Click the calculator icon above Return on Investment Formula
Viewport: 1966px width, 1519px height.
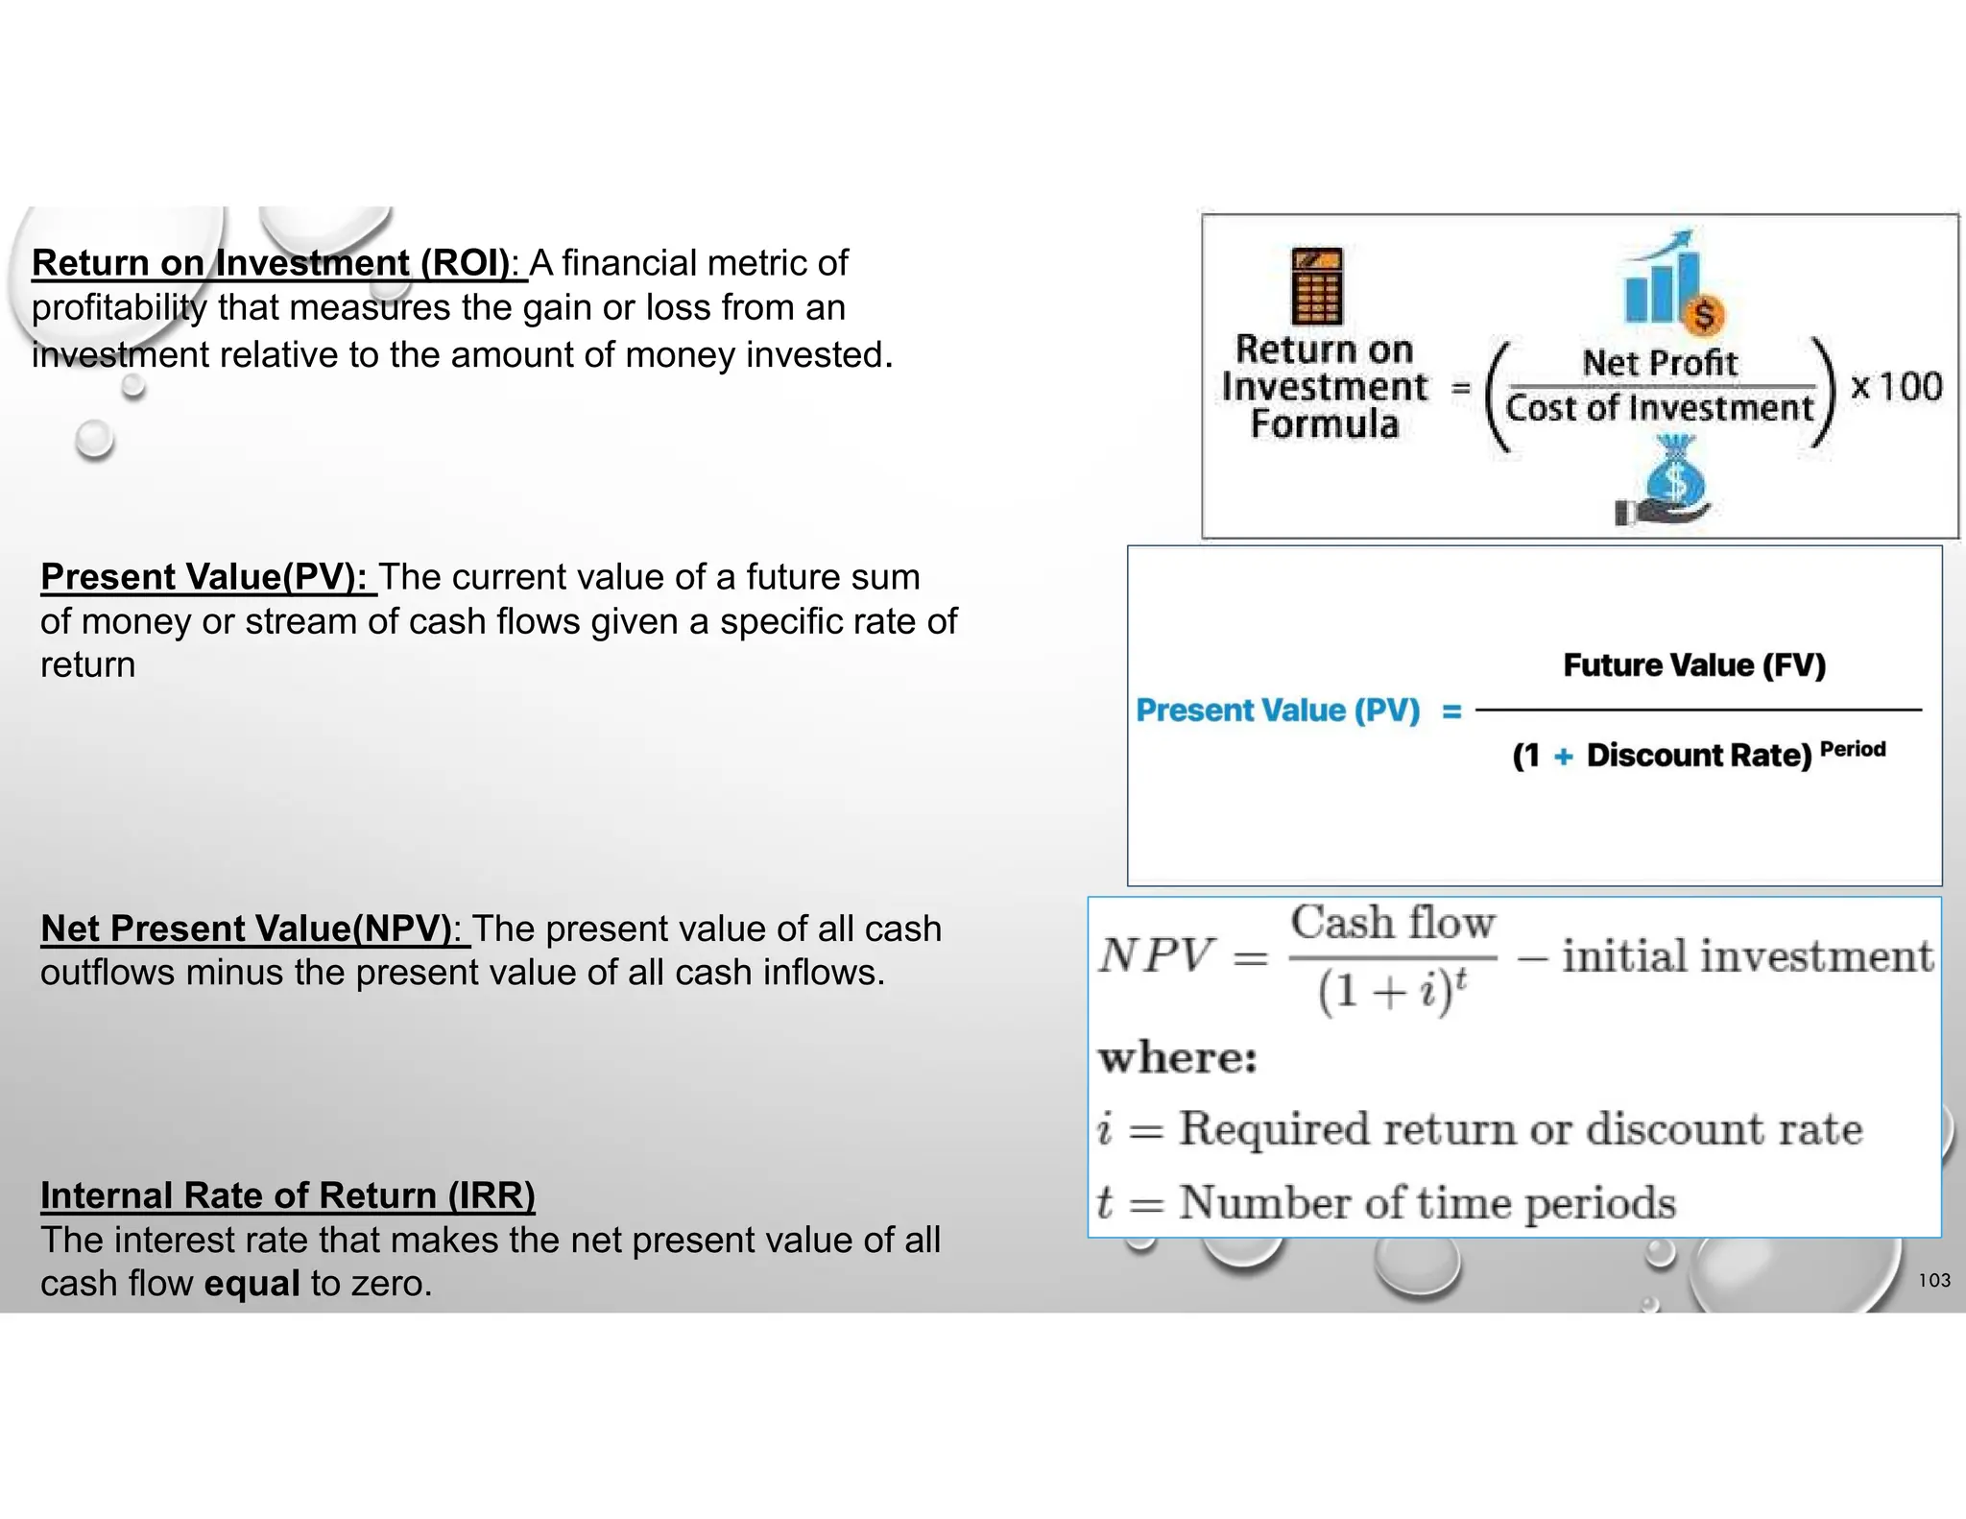coord(1317,285)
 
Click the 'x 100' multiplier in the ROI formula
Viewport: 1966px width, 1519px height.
coord(1896,387)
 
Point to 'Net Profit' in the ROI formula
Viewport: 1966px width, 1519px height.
coord(1660,363)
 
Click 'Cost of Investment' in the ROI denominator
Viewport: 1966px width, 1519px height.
coord(1659,408)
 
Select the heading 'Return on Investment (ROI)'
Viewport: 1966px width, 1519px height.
coord(272,263)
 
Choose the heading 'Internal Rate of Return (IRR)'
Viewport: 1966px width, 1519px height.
coord(287,1195)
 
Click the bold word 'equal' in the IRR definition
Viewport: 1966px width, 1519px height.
coord(252,1284)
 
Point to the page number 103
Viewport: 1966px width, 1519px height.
coord(1934,1280)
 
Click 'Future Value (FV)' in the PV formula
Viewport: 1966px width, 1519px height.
coord(1694,665)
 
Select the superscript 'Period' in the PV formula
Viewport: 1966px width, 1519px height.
coord(1853,749)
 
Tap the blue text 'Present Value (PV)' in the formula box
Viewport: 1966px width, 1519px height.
coord(1278,711)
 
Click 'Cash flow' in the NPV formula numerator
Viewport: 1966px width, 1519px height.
coord(1393,923)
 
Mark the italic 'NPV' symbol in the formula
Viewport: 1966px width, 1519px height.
coord(1157,955)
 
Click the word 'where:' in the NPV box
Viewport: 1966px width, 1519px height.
coord(1178,1058)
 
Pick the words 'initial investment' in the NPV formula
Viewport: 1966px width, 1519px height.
coord(1747,956)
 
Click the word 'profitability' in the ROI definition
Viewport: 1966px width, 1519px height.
coord(119,308)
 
